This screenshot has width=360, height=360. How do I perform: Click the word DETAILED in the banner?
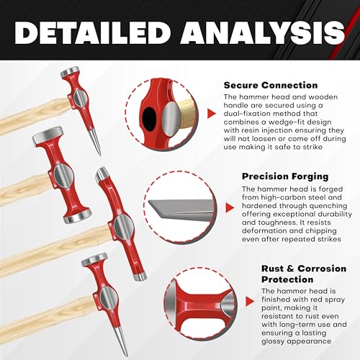(91, 33)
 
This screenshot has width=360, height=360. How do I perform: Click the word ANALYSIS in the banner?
(263, 33)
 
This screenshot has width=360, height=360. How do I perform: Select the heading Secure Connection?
(271, 85)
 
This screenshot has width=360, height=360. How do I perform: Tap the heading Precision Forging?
(285, 176)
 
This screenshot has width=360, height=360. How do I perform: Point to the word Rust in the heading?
(272, 269)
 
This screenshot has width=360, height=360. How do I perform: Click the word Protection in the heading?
(287, 279)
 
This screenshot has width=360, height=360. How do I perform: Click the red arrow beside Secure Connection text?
(211, 114)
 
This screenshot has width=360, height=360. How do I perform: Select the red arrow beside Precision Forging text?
(230, 207)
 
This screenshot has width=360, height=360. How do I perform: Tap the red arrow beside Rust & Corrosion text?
(250, 301)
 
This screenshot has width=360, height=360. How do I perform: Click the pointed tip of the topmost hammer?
(99, 155)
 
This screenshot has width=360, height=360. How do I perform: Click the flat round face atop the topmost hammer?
(70, 72)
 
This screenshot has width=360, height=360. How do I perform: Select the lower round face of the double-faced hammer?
(78, 216)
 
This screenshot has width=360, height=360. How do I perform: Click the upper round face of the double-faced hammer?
(48, 136)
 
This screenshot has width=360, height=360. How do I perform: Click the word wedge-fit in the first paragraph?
(284, 122)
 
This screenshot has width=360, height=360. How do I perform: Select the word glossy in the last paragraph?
(273, 341)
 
